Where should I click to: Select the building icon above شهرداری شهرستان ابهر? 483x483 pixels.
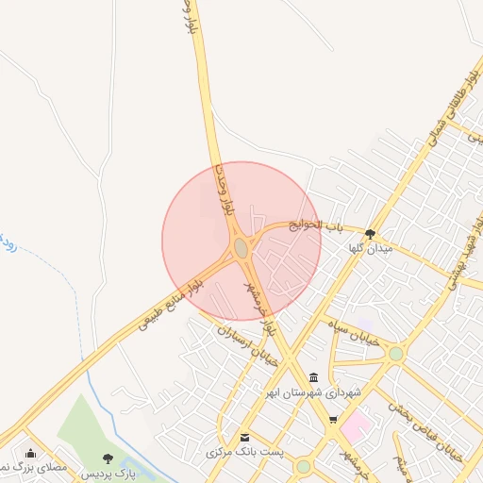[x=313, y=377]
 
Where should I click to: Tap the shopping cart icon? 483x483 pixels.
[x=332, y=421]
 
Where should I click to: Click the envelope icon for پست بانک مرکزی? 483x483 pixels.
[x=245, y=438]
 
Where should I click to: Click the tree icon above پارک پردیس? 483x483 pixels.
[x=106, y=458]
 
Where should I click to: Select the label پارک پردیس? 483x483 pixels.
[x=106, y=473]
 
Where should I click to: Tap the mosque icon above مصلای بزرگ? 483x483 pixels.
[x=30, y=454]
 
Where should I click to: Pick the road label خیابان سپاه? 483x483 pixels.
[x=354, y=333]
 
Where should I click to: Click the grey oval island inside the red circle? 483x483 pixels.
[x=241, y=247]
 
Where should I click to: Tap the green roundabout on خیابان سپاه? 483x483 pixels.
[x=395, y=354]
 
